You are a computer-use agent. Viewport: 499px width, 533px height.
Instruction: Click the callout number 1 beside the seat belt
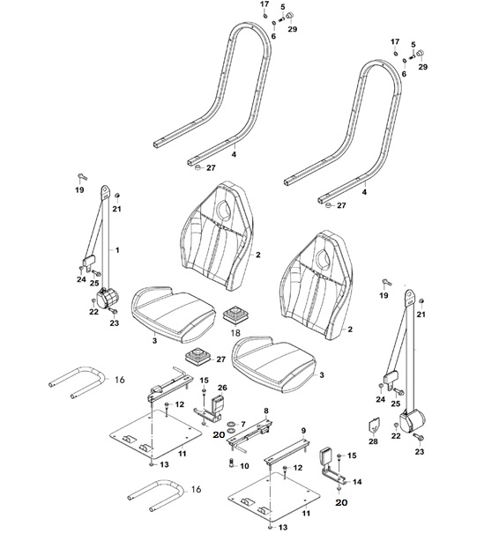click(117, 250)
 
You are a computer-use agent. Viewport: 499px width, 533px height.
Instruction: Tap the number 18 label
click(235, 332)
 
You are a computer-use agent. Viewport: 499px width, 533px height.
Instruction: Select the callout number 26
click(222, 388)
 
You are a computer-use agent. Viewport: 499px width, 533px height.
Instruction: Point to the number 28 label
click(374, 441)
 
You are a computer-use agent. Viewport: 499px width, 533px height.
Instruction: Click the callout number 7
click(242, 425)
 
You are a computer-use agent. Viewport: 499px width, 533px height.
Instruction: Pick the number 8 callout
click(266, 411)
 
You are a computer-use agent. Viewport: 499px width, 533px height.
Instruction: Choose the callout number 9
click(303, 431)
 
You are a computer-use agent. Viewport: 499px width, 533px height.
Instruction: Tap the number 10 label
click(244, 466)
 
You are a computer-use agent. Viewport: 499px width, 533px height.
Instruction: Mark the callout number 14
click(357, 482)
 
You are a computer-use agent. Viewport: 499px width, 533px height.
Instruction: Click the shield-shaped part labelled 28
click(374, 426)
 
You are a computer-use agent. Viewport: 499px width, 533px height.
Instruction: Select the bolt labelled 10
click(231, 463)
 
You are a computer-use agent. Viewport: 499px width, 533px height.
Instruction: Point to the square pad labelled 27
click(197, 356)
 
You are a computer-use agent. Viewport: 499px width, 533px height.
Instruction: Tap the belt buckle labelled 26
click(217, 403)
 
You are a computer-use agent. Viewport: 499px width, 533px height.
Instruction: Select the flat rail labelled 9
click(287, 451)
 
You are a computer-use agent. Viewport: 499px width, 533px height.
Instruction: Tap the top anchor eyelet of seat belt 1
click(106, 192)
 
